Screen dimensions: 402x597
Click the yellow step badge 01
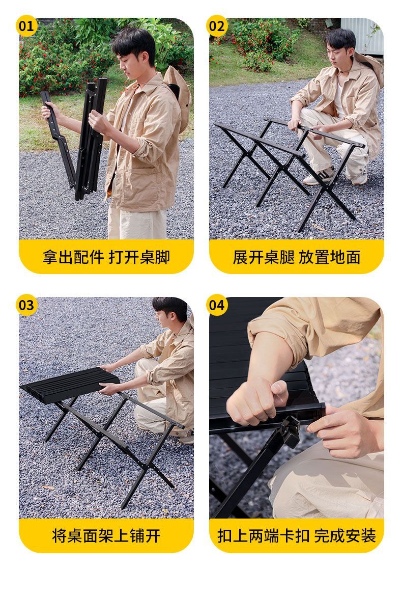[26, 26]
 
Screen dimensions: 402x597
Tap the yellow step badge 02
[217, 26]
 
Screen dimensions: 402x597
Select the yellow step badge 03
[26, 305]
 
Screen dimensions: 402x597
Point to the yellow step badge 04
[217, 305]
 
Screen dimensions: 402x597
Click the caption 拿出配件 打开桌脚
[106, 257]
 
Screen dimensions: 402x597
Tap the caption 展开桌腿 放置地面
[297, 257]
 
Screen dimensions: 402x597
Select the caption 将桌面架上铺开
[106, 536]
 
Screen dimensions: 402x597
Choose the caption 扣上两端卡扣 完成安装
[297, 536]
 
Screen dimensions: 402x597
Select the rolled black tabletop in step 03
[70, 385]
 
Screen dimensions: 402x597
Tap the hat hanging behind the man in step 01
[178, 93]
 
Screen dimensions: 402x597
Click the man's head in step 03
[170, 312]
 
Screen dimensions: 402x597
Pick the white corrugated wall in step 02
[362, 36]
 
